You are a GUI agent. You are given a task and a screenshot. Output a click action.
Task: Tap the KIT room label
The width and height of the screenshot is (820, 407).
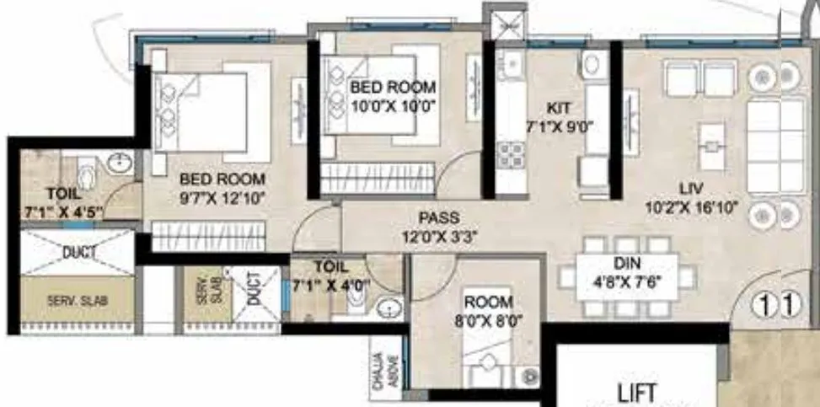(559, 108)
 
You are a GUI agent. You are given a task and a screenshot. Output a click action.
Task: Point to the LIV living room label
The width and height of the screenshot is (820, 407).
(692, 186)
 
